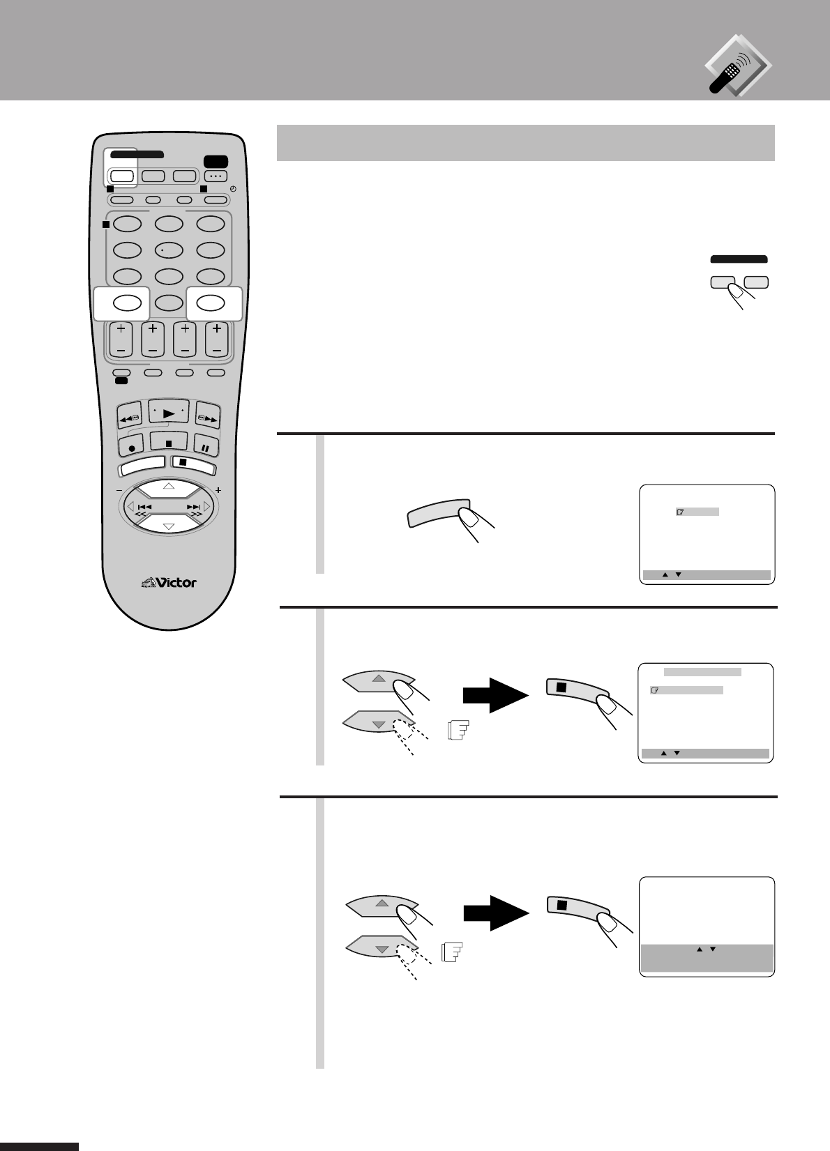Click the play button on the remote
169,413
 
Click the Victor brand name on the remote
169,581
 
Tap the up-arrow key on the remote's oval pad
169,486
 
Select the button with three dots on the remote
216,176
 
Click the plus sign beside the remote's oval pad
218,490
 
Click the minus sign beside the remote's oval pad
118,490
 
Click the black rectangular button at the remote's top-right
216,160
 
